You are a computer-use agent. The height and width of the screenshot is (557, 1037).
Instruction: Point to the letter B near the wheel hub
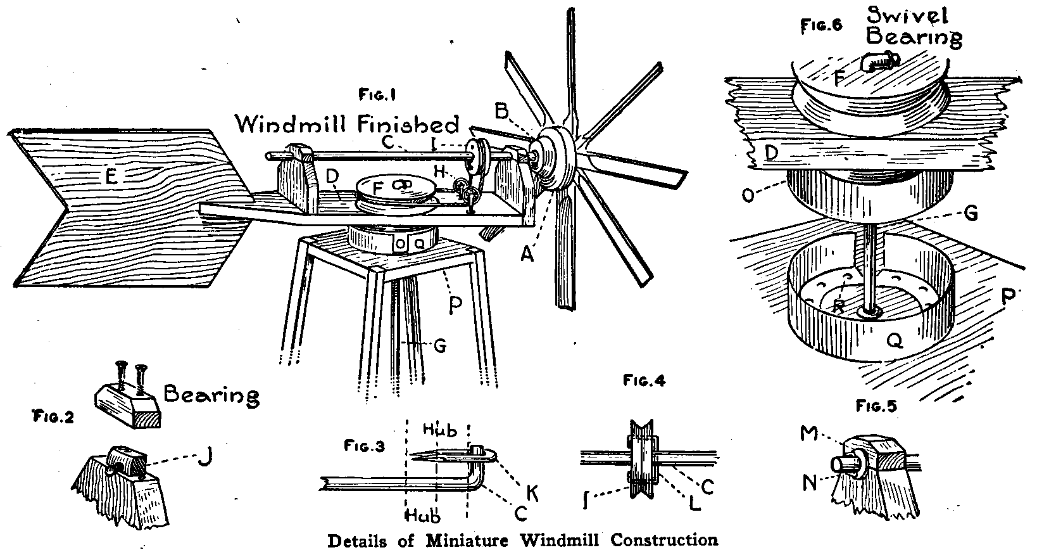pyautogui.click(x=502, y=112)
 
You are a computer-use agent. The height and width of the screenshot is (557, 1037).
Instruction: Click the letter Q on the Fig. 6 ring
pyautogui.click(x=895, y=342)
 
